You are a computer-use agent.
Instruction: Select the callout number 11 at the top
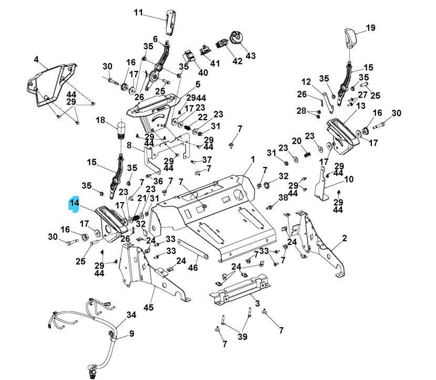[x=138, y=13]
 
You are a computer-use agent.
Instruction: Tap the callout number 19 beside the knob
[x=371, y=28]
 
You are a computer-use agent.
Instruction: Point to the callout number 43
[x=251, y=56]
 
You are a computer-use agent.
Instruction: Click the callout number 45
[x=149, y=307]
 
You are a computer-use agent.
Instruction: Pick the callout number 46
[x=193, y=268]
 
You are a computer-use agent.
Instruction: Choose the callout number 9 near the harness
[x=131, y=333]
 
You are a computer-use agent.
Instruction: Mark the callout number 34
[x=131, y=315]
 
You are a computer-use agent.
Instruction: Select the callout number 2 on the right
[x=345, y=238]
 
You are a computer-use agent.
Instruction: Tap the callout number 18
[x=101, y=120]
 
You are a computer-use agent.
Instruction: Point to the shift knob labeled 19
[x=350, y=37]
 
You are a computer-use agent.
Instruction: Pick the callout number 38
[x=283, y=197]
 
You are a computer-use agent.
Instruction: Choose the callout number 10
[x=349, y=179]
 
